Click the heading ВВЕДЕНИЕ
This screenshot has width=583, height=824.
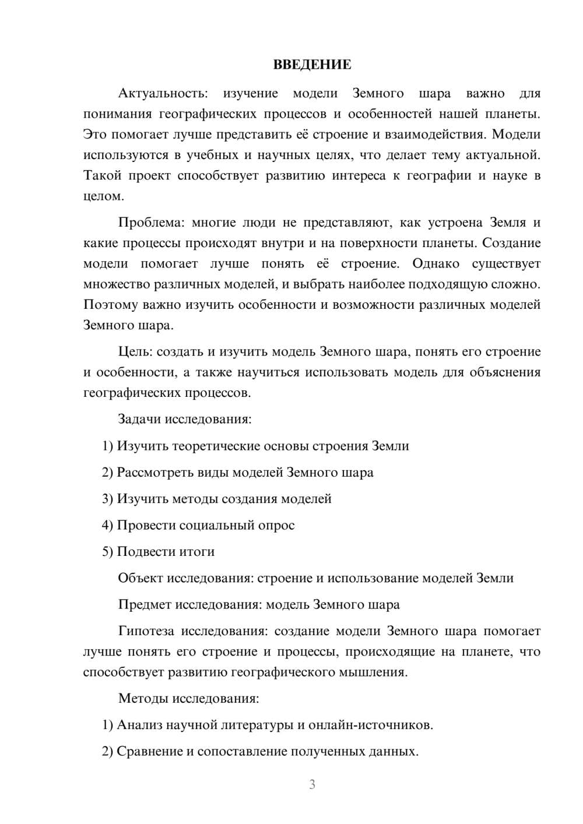pyautogui.click(x=312, y=65)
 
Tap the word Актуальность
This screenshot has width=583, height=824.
pyautogui.click(x=162, y=93)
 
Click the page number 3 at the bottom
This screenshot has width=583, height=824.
pyautogui.click(x=312, y=784)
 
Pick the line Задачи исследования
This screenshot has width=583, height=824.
pyautogui.click(x=184, y=419)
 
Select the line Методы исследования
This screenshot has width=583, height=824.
pyautogui.click(x=188, y=698)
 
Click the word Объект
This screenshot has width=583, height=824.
pyautogui.click(x=140, y=578)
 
